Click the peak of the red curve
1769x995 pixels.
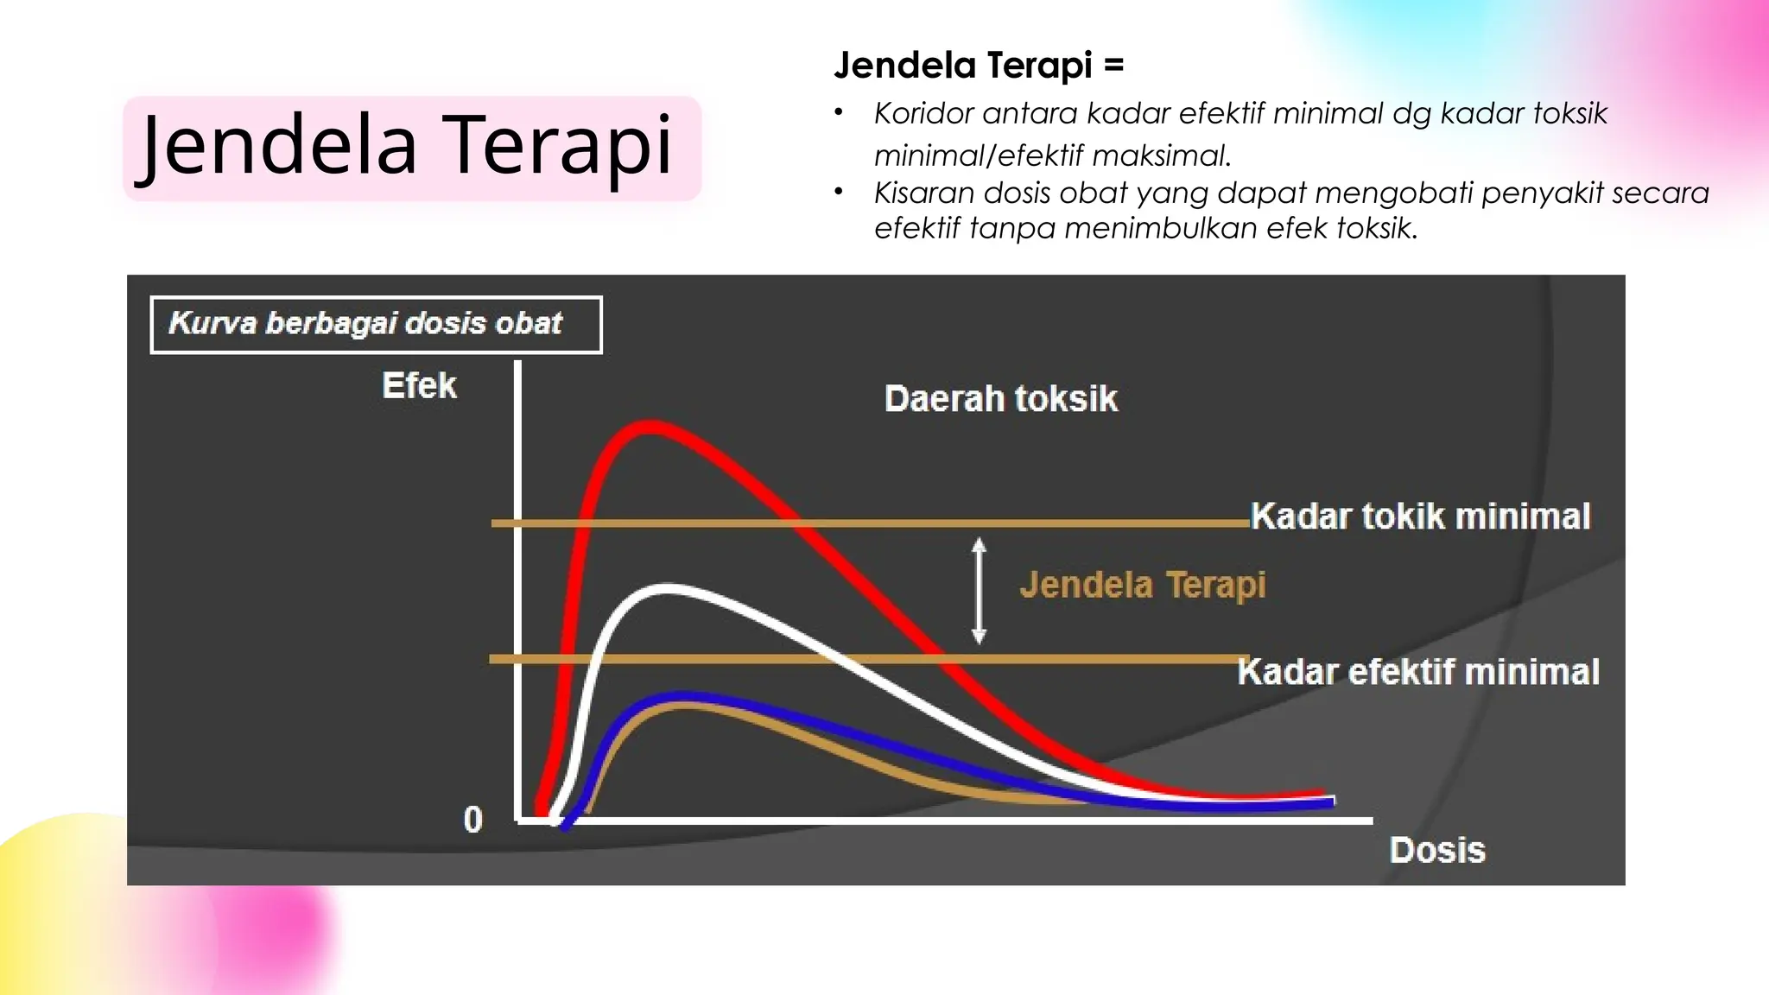(650, 428)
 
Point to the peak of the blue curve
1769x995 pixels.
(682, 695)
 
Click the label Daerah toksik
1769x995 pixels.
(1000, 399)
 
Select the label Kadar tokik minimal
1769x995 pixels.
(1420, 517)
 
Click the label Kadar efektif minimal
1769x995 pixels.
(1417, 672)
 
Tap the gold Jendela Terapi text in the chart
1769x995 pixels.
(1142, 585)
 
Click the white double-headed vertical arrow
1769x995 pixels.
(979, 591)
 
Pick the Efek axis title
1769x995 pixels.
(419, 385)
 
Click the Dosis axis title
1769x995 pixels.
(1437, 851)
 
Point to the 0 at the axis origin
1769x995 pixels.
(472, 819)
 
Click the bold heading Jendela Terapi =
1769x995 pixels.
(978, 66)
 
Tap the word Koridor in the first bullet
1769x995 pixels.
(923, 114)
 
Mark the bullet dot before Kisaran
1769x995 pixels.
(838, 192)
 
